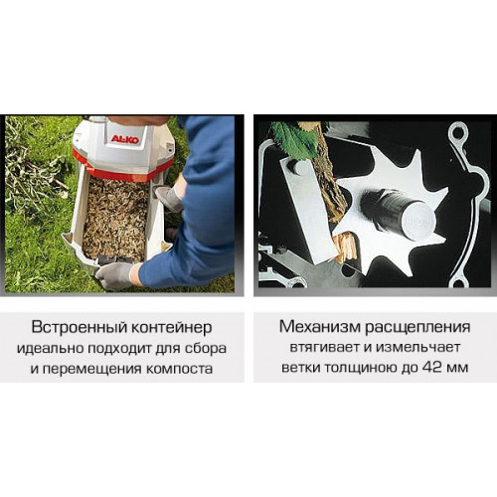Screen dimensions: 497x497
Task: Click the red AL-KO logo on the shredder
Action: [x=125, y=138]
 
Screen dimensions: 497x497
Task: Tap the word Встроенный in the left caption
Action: [x=79, y=327]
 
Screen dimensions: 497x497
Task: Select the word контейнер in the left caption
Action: [x=172, y=328]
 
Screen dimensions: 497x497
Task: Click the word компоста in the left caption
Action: [x=179, y=369]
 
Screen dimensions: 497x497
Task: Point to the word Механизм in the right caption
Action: [x=320, y=326]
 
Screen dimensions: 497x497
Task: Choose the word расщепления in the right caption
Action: [x=417, y=327]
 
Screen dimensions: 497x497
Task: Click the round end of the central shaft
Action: [x=418, y=221]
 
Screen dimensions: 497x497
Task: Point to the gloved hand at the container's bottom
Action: [x=114, y=274]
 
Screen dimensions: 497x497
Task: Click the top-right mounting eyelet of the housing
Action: [x=458, y=134]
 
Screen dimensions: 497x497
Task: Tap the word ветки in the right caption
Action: [x=301, y=369]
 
